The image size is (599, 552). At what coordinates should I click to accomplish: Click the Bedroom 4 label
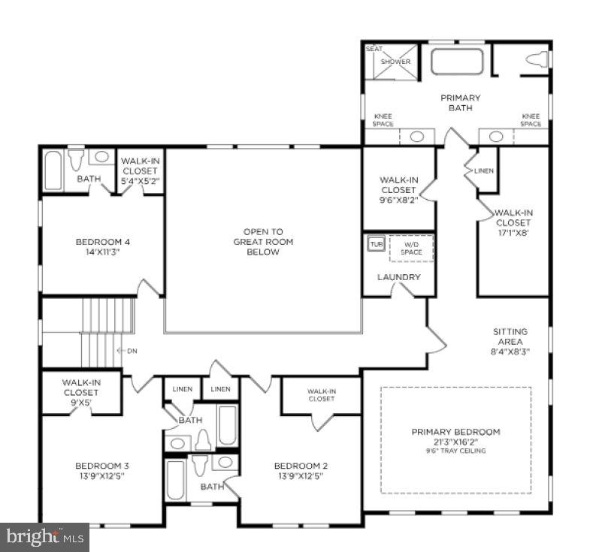[x=103, y=242]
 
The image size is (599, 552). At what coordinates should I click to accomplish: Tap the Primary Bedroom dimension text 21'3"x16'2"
[x=455, y=442]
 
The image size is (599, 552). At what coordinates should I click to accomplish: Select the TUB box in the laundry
[x=375, y=244]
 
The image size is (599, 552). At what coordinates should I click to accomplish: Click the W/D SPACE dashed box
[x=411, y=247]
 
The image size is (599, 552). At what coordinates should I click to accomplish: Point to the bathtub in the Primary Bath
[x=457, y=62]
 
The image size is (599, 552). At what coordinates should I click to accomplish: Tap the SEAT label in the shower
[x=374, y=49]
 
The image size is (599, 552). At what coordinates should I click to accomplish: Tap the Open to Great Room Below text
[x=263, y=242]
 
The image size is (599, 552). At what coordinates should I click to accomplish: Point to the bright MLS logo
[x=44, y=537]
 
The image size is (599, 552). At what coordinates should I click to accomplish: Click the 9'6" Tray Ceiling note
[x=455, y=451]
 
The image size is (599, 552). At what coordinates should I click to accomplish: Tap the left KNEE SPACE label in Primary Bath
[x=383, y=120]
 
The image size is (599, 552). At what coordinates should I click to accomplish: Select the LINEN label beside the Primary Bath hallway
[x=484, y=170]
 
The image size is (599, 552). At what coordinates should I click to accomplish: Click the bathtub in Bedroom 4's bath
[x=53, y=170]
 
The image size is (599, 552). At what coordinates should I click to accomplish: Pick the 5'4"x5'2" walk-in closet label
[x=141, y=170]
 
